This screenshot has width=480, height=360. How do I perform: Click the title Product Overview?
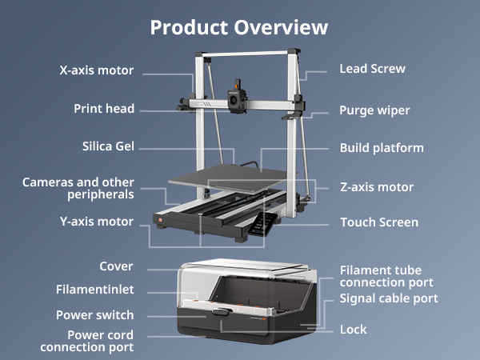pos(239,27)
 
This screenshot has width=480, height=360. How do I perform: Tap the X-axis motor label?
pos(97,70)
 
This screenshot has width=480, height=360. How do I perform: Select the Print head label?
pos(104,109)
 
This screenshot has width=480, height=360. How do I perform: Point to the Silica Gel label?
pos(108,147)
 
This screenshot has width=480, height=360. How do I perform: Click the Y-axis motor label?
pos(97,222)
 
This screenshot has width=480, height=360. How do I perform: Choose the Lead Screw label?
pos(372,69)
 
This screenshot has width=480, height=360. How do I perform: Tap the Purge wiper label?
pos(374,110)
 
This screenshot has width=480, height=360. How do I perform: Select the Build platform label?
pos(382,148)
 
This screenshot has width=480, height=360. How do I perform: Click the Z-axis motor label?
pos(376,187)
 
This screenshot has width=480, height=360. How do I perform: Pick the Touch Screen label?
pos(379,222)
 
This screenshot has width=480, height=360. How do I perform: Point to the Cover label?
pos(116,266)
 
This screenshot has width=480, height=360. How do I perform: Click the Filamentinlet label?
pos(95,290)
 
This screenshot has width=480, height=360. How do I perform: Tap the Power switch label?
pos(94,315)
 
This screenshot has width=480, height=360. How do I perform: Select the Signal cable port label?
pos(389,298)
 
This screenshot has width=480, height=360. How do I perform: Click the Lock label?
pos(353,329)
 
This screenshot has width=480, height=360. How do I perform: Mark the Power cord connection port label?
pos(87,341)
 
